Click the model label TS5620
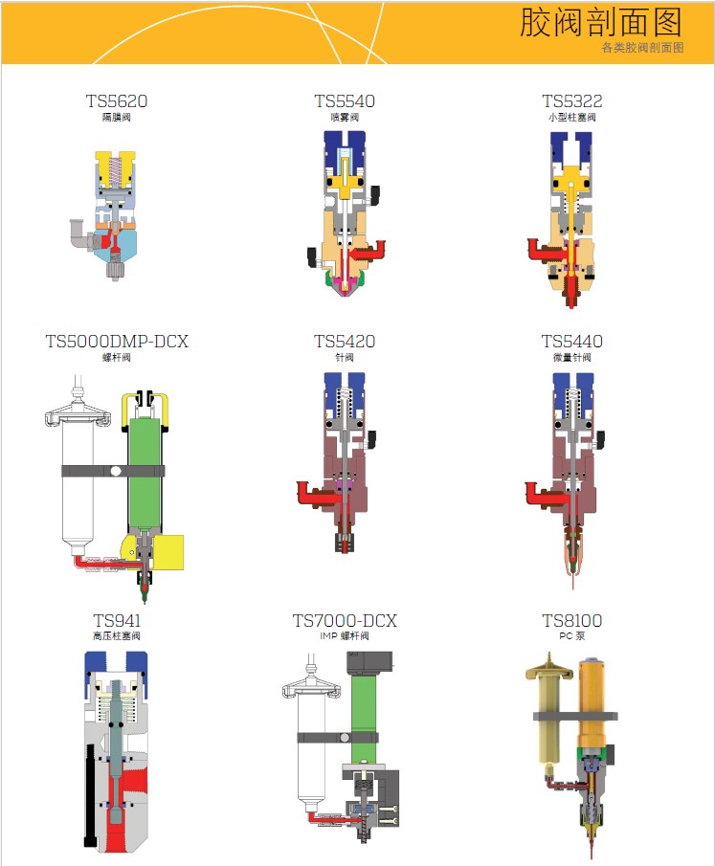(x=117, y=101)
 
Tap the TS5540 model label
(x=345, y=101)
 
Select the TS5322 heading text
(x=572, y=101)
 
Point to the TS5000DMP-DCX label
(x=117, y=342)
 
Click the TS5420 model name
(x=345, y=342)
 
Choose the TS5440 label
(x=572, y=342)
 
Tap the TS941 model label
(x=117, y=621)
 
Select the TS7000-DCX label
(x=345, y=621)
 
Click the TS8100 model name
(x=572, y=621)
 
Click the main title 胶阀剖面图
(x=601, y=23)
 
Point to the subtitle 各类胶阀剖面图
(x=642, y=48)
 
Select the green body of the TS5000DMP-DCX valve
(x=145, y=475)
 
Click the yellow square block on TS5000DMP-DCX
(x=168, y=552)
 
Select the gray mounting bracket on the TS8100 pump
(x=575, y=717)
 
